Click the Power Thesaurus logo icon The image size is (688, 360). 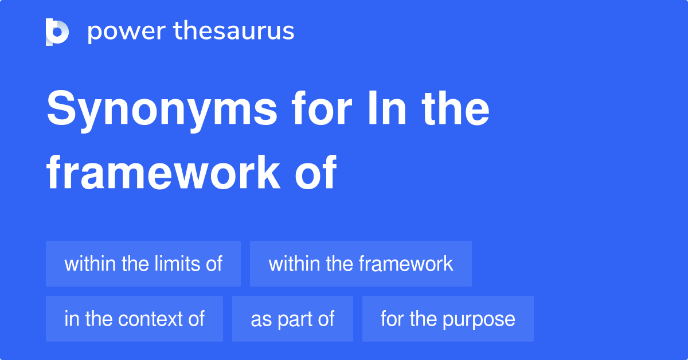pos(57,32)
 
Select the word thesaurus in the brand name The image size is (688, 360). pos(234,32)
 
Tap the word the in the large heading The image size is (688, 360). pos(457,110)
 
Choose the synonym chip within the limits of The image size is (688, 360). pos(143,264)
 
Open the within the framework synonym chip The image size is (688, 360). pos(361,264)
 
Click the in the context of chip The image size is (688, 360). pos(134,319)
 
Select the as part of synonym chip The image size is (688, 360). pos(292,319)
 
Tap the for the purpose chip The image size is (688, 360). pos(448,319)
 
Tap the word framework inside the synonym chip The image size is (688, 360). pos(406,264)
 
